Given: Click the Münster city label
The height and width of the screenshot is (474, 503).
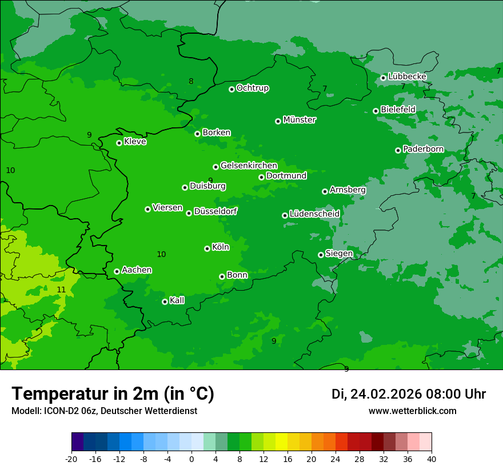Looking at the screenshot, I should click(300, 120).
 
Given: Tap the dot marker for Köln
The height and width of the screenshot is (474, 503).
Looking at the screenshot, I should click(207, 248).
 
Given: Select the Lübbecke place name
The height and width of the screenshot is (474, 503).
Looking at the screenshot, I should click(407, 77).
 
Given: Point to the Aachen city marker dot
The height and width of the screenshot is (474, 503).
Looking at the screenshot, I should click(117, 271).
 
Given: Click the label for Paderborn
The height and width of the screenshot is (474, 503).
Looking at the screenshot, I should click(423, 149).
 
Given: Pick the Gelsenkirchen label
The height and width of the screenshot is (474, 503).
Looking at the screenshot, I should click(249, 166).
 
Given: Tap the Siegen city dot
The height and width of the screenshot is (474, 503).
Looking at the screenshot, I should click(321, 255).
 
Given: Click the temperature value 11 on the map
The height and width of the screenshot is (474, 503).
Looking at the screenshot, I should click(61, 290).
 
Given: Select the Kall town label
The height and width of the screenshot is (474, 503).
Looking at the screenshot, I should click(177, 300).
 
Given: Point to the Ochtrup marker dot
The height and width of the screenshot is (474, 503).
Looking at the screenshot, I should click(231, 89).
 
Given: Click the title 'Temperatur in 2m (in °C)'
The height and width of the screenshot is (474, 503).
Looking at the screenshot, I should click(113, 394).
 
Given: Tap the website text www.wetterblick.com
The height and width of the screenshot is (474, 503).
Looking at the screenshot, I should click(412, 411).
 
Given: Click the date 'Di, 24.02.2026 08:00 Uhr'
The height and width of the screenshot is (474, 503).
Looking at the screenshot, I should click(409, 394).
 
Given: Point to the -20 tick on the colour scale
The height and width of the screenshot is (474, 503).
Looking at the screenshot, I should click(71, 459).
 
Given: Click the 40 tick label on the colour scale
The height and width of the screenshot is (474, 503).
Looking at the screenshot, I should click(432, 459).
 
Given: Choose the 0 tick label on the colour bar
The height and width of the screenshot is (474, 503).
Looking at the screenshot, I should click(191, 459).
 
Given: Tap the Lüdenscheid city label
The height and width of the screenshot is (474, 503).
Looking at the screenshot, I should click(314, 214).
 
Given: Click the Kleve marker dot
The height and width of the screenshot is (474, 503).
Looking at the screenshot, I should click(119, 143).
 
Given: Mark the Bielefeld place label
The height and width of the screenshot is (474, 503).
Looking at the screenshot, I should click(398, 110).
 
